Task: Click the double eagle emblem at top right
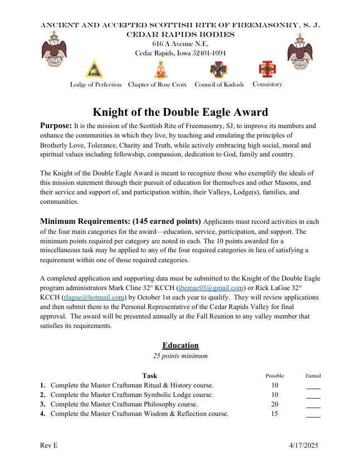[300, 48]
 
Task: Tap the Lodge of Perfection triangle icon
[94, 70]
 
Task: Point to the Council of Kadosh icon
[218, 70]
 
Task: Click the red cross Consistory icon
[266, 69]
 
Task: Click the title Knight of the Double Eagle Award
[180, 112]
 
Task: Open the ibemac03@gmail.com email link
[211, 288]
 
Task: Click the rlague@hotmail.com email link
[93, 297]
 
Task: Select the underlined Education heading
[180, 346]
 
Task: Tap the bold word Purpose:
[56, 126]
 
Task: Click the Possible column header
[275, 376]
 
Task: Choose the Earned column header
[313, 376]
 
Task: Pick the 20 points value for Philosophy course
[275, 404]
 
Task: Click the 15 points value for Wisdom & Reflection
[275, 414]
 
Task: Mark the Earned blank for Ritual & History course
[313, 386]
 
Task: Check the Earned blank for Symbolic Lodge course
[313, 396]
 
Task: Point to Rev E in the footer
[49, 446]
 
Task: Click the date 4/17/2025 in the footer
[304, 446]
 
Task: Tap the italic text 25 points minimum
[180, 356]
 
